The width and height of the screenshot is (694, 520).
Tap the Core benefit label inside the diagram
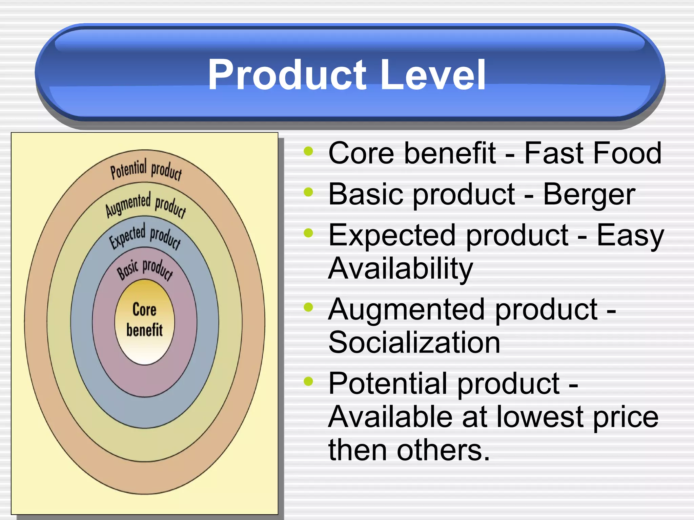[x=145, y=320]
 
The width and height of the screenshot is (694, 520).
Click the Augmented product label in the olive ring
[x=146, y=204]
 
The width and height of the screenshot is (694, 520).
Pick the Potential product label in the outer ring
[x=146, y=169]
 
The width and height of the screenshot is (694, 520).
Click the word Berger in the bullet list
[x=589, y=194]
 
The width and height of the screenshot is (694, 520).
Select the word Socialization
[x=414, y=343]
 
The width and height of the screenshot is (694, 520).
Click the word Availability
[x=400, y=268]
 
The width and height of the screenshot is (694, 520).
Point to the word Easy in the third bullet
[x=630, y=236]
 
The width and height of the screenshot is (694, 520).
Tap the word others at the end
[x=443, y=450]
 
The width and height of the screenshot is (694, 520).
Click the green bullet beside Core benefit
[x=308, y=151]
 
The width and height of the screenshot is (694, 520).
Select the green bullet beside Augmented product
[x=308, y=307]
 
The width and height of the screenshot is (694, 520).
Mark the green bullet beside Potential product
[x=308, y=381]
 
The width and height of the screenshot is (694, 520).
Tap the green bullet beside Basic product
[x=308, y=192]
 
